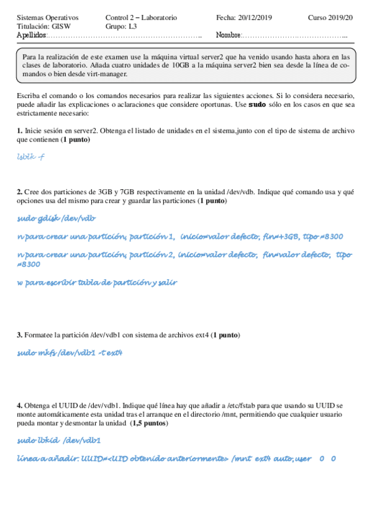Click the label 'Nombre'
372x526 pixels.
[x=228, y=36]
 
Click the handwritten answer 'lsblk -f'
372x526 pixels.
[x=31, y=158]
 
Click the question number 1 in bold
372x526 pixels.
[x=19, y=131]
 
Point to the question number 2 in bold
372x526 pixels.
[x=19, y=192]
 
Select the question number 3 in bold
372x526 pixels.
[x=19, y=335]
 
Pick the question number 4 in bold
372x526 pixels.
[x=19, y=406]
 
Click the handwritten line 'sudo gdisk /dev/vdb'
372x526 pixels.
[x=57, y=218]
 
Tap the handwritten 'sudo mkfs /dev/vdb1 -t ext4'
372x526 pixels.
[x=70, y=353]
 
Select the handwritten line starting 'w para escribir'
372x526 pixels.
[x=97, y=282]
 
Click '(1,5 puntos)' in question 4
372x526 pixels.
[x=148, y=423]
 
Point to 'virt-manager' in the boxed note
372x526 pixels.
[x=107, y=74]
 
